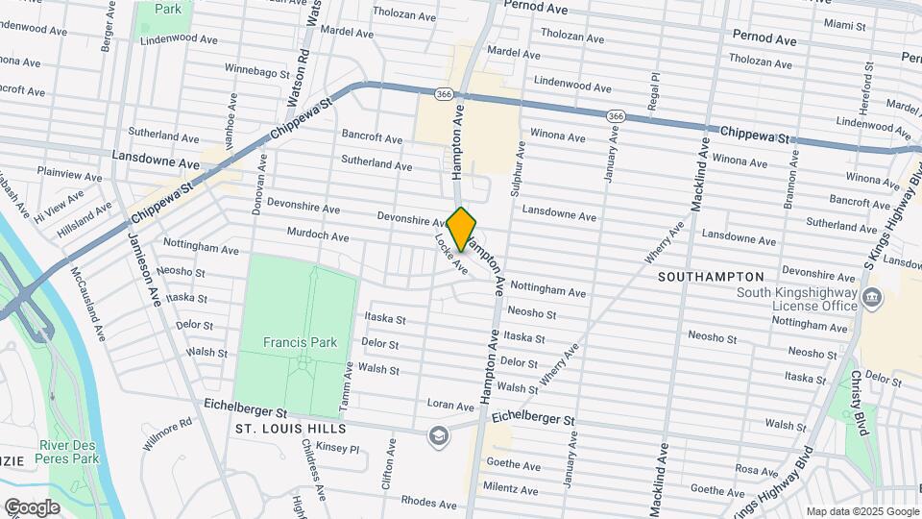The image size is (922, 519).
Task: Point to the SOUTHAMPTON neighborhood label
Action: [710, 276]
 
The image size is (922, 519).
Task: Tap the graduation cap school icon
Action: [439, 436]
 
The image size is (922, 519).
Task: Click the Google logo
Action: [32, 507]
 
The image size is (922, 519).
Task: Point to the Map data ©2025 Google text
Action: [861, 511]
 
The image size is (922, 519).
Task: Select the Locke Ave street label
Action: [450, 255]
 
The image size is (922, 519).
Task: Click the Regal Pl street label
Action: [655, 90]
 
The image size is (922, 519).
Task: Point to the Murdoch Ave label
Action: [317, 235]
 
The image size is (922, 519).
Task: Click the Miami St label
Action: [844, 24]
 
